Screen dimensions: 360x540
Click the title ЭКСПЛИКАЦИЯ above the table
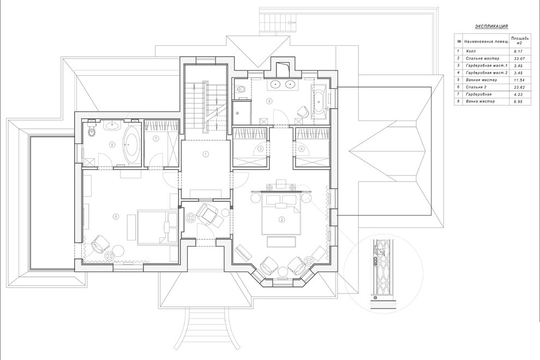click(x=491, y=26)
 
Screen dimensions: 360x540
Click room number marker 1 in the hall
click(x=206, y=154)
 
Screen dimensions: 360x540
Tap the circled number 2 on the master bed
click(x=281, y=220)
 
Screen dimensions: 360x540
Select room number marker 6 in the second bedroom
click(x=116, y=217)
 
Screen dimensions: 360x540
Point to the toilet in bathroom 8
click(x=92, y=132)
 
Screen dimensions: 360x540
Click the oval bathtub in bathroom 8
click(x=131, y=146)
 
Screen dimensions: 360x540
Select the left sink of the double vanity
click(x=276, y=85)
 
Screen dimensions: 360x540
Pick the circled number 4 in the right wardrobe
click(x=302, y=148)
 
